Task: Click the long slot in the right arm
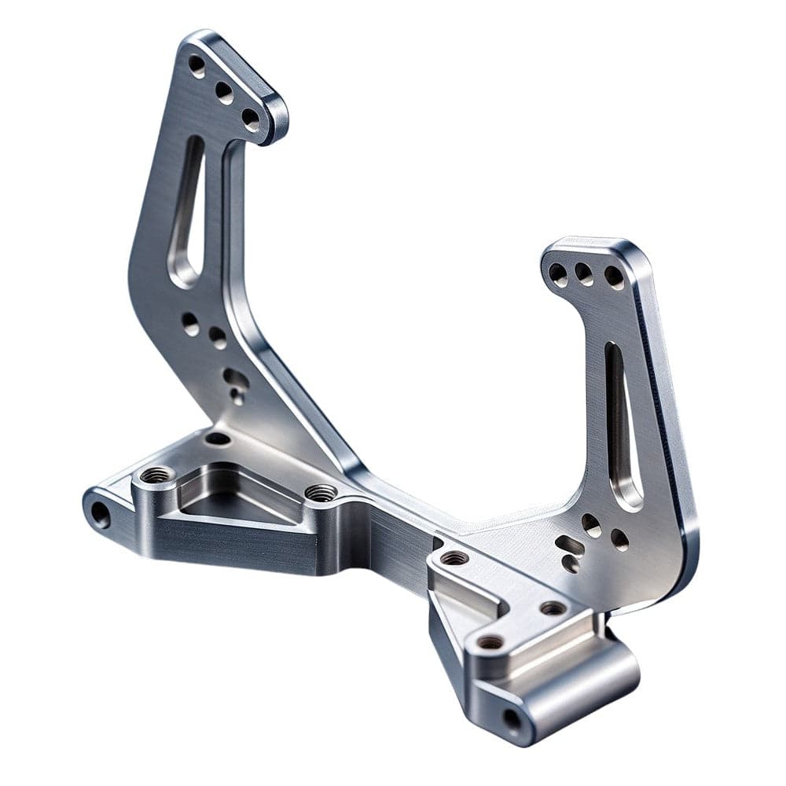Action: (620, 424)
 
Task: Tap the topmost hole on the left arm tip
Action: (196, 65)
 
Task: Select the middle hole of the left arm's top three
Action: (224, 93)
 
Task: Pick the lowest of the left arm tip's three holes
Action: (250, 119)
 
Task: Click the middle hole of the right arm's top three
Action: (584, 274)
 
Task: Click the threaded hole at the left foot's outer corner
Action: (156, 475)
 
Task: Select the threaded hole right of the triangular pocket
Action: (321, 493)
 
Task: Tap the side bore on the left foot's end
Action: (100, 514)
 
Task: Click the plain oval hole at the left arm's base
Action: (218, 438)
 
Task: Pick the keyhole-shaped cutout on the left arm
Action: (235, 383)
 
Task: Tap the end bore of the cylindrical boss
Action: (512, 718)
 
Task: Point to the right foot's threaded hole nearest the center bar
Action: (454, 558)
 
